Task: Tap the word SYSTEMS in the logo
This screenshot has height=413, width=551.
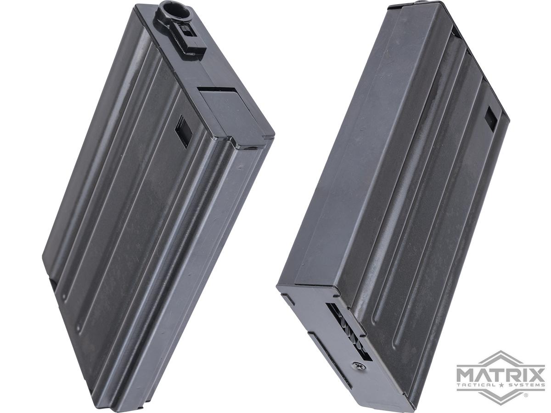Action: pyautogui.click(x=525, y=392)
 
